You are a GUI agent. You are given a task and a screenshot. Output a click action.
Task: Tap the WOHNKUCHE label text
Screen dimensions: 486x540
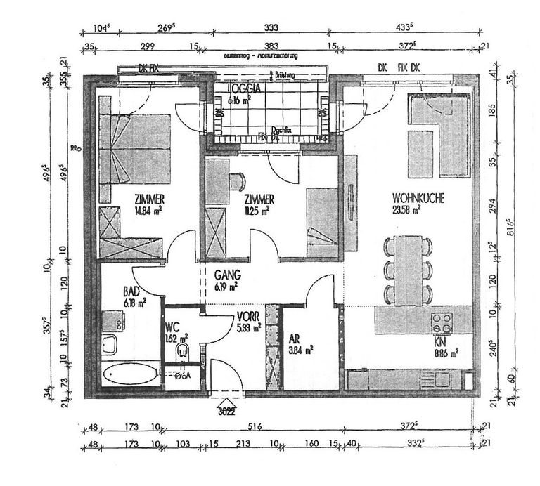tap(417, 199)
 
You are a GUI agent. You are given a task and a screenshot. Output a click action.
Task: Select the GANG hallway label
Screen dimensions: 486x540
tap(228, 275)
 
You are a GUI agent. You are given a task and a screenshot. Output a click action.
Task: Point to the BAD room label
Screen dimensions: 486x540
tap(131, 291)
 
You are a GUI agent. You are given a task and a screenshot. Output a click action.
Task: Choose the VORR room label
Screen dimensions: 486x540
tap(249, 317)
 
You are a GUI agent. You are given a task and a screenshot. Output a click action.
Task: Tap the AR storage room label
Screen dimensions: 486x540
tap(295, 337)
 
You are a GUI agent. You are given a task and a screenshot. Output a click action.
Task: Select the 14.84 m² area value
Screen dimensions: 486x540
tap(150, 209)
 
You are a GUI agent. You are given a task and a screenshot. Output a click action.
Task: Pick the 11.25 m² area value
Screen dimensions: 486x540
tap(259, 209)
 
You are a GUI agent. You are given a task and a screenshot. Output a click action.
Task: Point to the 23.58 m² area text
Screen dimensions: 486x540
tap(407, 209)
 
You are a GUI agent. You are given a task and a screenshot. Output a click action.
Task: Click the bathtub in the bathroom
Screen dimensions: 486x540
tap(130, 374)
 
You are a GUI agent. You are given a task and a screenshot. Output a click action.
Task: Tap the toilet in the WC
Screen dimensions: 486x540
tap(184, 352)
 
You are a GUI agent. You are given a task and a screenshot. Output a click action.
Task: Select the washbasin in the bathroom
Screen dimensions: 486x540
tap(110, 344)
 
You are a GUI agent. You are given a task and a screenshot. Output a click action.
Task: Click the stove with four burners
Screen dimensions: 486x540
tap(442, 323)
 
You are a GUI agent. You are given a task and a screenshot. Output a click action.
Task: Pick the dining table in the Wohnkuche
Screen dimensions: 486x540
tap(407, 270)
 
